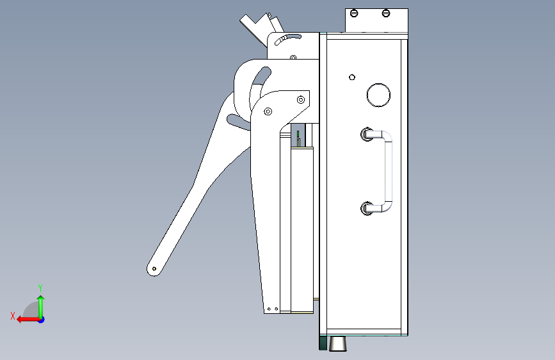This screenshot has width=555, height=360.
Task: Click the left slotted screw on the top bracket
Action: coord(354,13)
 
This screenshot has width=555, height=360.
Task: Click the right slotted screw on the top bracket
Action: coord(386,13)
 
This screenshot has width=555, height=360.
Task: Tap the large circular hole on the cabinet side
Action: coord(379,95)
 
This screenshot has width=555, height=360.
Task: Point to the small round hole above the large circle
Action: coord(352,78)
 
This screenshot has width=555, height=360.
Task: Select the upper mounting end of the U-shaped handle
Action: coord(367,135)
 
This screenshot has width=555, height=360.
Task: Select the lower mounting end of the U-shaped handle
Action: coord(367,208)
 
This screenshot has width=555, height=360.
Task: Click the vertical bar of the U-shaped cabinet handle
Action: coord(389,172)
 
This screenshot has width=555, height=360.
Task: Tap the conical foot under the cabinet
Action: coord(338,344)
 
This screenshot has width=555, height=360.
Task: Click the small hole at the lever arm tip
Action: coord(154,269)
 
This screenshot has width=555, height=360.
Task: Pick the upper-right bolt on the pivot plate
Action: coord(301,99)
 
